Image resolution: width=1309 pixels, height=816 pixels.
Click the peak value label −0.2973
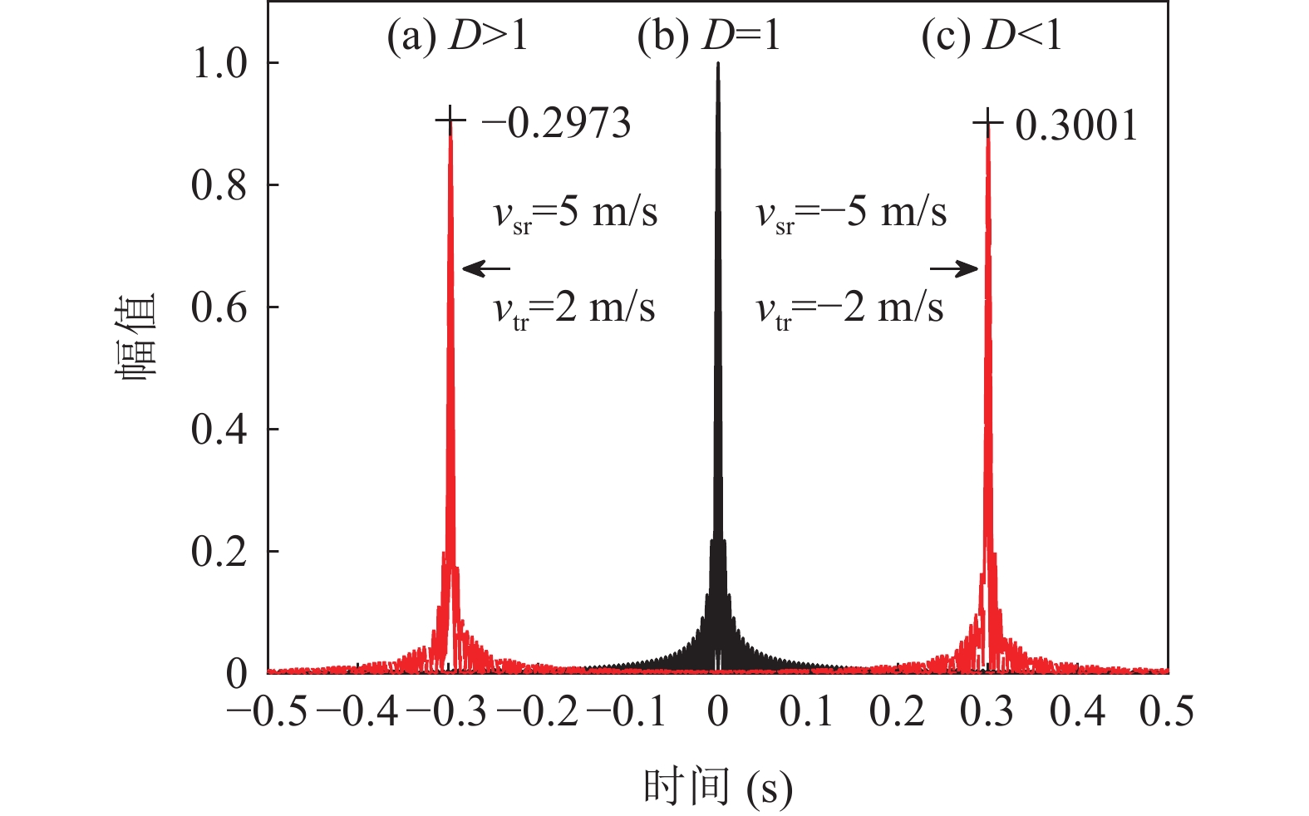[x=556, y=124]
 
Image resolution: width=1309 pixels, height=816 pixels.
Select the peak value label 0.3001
[x=1076, y=125]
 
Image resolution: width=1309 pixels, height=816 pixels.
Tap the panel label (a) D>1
[x=457, y=37]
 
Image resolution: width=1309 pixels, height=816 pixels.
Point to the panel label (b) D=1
[x=709, y=37]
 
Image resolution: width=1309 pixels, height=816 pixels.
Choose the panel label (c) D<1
[x=992, y=37]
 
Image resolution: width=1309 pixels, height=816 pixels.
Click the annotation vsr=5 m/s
[x=575, y=213]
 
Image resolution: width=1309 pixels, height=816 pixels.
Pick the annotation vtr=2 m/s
[x=573, y=309]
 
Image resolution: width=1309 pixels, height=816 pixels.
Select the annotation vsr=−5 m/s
[x=851, y=213]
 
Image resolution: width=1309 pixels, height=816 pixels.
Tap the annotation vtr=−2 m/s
[x=849, y=309]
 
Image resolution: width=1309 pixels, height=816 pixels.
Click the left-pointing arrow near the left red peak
[x=485, y=268]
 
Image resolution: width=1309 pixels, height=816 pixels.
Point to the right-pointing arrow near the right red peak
[x=955, y=268]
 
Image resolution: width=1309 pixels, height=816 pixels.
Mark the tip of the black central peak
[x=717, y=65]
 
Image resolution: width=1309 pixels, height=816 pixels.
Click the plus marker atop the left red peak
[x=450, y=122]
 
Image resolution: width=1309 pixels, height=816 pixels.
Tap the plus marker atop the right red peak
[x=987, y=124]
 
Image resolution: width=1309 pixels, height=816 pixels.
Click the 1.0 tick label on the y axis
[x=220, y=64]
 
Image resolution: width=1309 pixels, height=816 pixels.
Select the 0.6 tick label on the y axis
[x=220, y=307]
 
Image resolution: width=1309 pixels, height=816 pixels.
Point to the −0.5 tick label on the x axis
[x=267, y=712]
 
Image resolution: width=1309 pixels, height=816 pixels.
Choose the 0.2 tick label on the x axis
[x=898, y=712]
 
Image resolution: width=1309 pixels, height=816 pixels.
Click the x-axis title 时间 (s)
[x=717, y=787]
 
